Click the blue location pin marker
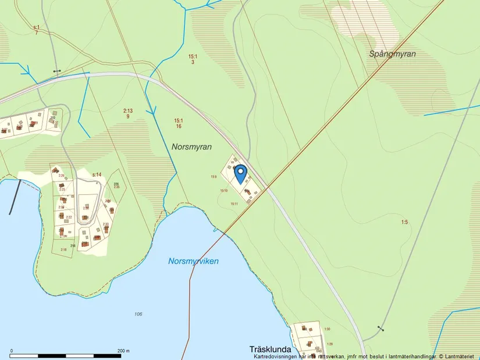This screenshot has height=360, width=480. click(240, 174)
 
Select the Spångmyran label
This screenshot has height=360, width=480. click(393, 54)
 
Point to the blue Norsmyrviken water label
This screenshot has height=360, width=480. click(194, 261)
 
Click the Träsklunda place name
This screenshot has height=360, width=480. click(270, 349)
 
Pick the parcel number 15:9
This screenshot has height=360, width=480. click(214, 177)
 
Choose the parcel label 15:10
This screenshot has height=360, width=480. click(223, 191)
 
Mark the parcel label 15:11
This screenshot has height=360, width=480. click(234, 204)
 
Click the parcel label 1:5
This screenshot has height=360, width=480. click(404, 222)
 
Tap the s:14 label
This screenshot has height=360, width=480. click(97, 174)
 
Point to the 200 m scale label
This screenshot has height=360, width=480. click(123, 351)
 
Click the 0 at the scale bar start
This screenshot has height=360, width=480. click(12, 351)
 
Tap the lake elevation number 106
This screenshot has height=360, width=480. click(138, 314)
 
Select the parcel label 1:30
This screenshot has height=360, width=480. click(327, 329)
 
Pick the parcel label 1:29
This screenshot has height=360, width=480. click(330, 344)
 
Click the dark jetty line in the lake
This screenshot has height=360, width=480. click(15, 197)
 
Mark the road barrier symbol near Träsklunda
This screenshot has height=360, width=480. click(381, 328)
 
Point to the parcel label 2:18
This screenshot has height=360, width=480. click(63, 249)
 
